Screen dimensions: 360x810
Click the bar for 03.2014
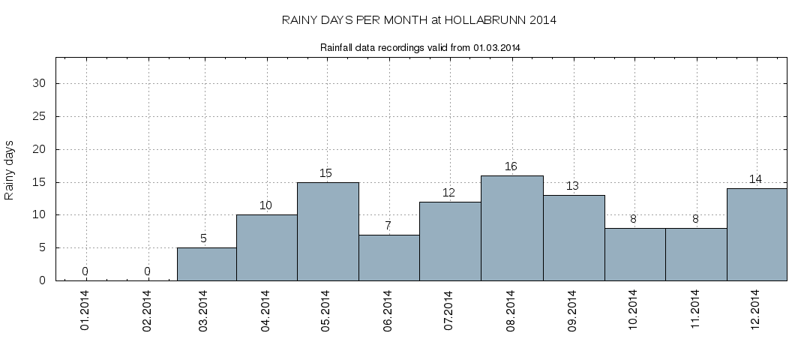coord(206,264)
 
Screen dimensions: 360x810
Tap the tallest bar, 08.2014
coord(511,228)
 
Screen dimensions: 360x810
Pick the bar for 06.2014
coord(388,257)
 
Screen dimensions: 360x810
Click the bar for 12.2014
coord(757,234)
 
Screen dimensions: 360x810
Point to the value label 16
coord(511,166)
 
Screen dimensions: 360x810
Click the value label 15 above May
coord(325,173)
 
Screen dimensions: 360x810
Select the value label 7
coord(388,226)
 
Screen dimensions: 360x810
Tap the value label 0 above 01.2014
coord(85,271)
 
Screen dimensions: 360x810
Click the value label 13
coord(572,186)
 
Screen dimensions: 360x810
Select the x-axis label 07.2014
coord(448,309)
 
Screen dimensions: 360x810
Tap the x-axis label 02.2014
coord(147,309)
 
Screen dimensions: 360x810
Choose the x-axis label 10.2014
coord(633,309)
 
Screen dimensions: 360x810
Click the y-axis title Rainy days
coord(10,169)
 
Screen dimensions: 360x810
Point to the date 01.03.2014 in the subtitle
coord(497,47)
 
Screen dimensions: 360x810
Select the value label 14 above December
coord(756,179)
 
